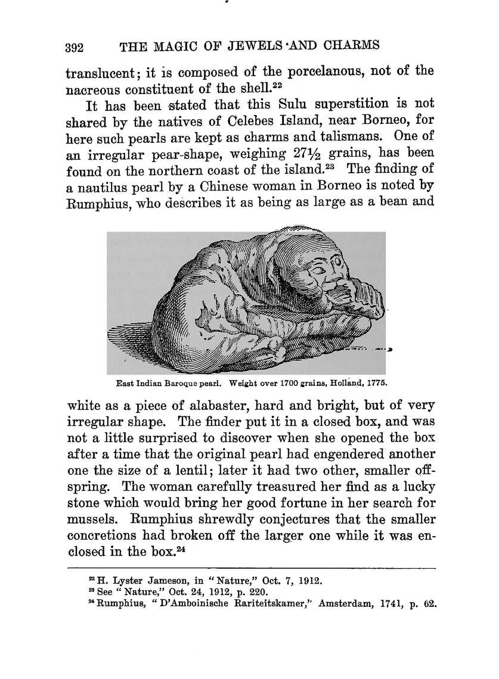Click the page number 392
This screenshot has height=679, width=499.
coord(76,48)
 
